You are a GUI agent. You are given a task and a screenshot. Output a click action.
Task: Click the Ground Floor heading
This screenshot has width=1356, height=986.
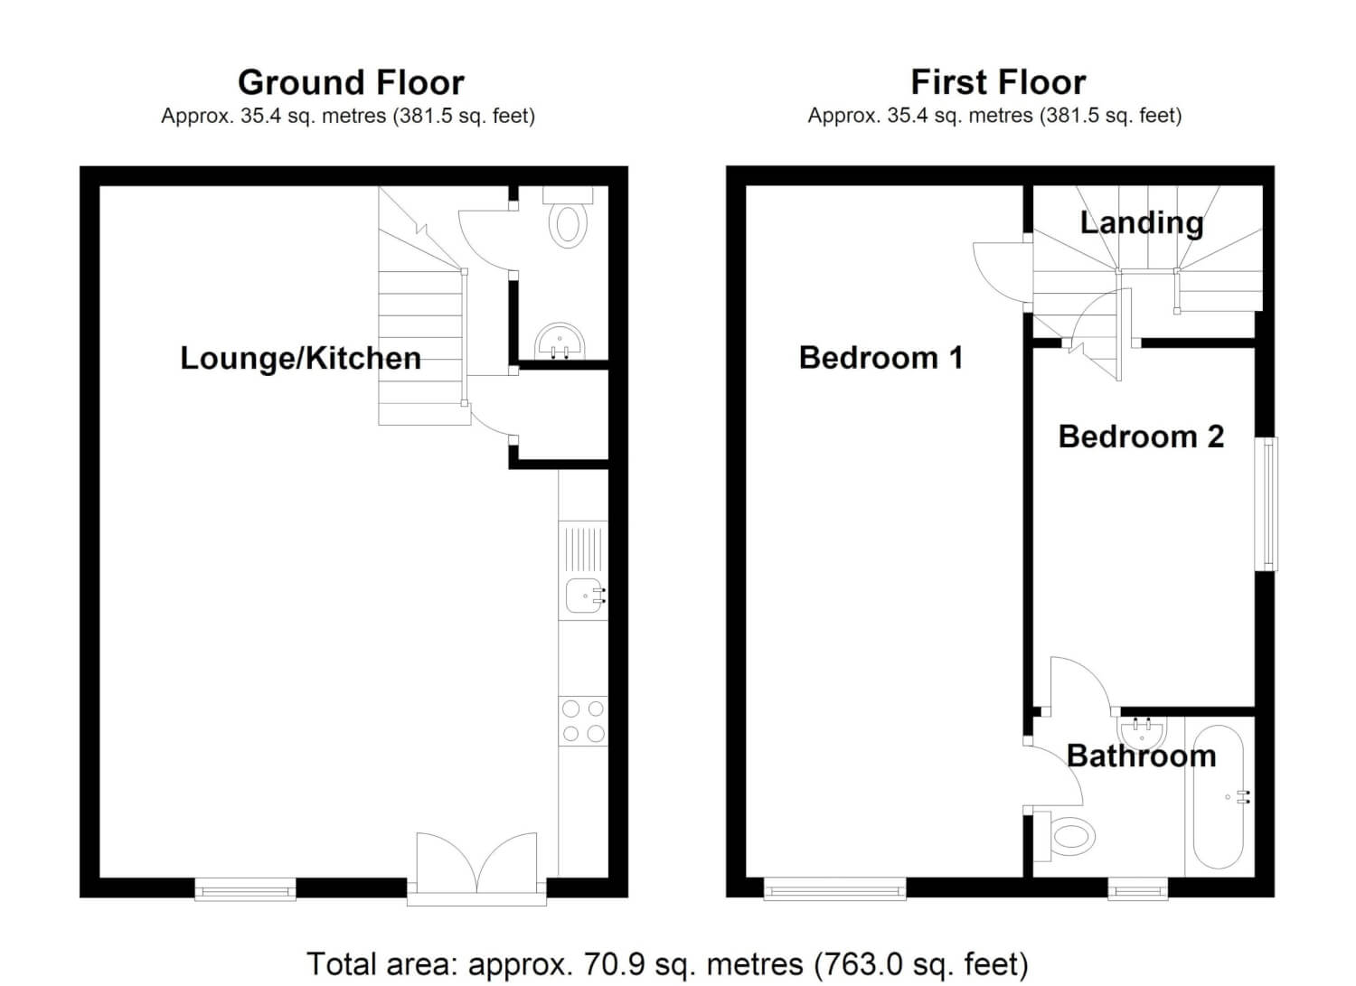351,82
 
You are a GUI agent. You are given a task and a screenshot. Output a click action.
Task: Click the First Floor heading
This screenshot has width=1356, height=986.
998,82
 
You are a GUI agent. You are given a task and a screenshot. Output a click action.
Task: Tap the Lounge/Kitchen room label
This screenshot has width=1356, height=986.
301,358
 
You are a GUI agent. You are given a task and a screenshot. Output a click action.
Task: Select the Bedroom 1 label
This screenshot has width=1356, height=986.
880,357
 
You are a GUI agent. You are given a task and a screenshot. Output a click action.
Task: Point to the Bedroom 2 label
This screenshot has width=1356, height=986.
1141,437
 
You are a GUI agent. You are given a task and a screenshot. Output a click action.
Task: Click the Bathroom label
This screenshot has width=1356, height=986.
1142,756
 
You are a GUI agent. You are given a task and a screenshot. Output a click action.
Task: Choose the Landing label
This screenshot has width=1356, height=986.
1142,222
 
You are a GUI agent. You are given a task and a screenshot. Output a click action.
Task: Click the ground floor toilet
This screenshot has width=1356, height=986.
568,217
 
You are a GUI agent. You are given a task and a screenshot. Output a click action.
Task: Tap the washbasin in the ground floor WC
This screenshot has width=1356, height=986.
560,341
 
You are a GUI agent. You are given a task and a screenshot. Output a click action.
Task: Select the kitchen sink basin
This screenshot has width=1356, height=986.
586,596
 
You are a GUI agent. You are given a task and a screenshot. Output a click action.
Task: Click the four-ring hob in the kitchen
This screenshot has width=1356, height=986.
583,721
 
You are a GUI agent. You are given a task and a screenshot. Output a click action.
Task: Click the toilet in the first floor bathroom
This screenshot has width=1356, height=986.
1064,837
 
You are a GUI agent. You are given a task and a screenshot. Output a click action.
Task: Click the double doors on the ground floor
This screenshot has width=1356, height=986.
476,869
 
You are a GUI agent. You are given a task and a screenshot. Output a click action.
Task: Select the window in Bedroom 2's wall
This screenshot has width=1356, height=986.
1267,503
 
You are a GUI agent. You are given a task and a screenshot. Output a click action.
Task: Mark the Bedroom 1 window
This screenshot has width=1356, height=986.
834,889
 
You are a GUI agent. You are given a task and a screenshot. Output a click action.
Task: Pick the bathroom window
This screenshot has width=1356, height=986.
1138,888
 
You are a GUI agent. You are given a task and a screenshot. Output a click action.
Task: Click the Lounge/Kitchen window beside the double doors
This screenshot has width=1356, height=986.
245,889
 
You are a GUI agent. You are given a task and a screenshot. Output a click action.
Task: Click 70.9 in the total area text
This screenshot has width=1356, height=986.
612,963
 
